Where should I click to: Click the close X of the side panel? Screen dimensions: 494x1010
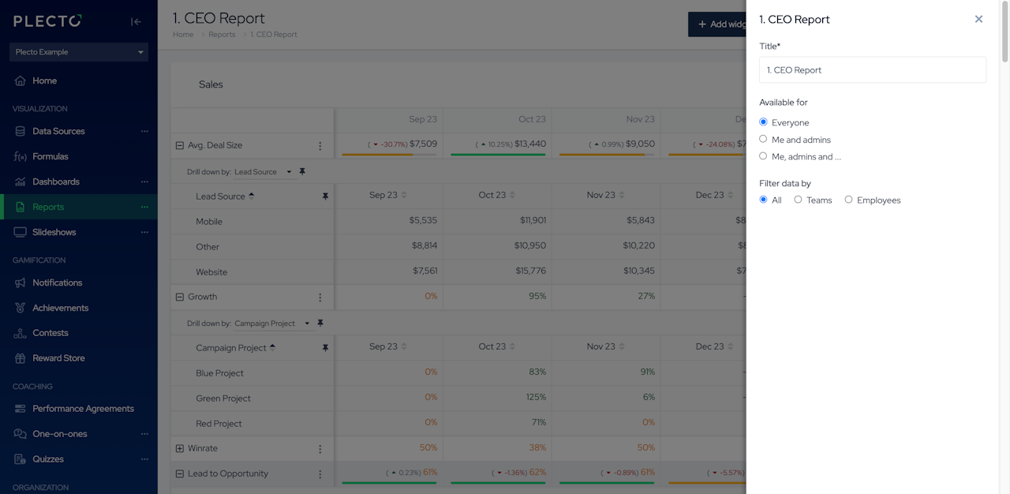[978, 19]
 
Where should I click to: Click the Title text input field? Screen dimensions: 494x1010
[872, 69]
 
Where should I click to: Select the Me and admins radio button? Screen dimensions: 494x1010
[763, 139]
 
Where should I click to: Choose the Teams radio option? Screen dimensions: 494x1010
[798, 200]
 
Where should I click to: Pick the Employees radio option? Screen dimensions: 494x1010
[848, 200]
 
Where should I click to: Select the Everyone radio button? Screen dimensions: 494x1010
[763, 122]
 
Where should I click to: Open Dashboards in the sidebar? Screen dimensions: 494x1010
[56, 182]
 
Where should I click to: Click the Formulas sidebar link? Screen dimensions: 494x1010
[50, 156]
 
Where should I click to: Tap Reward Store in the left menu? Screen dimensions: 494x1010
[58, 358]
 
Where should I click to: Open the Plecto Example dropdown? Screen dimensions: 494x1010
[79, 52]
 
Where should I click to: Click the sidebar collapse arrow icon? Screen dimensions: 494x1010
[136, 21]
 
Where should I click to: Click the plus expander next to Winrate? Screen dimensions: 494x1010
[179, 448]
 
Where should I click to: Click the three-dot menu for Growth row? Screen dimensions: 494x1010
[320, 298]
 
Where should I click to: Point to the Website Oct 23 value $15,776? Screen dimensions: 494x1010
[529, 271]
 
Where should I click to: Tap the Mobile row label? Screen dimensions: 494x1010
[209, 222]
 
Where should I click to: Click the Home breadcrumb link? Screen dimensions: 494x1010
[183, 35]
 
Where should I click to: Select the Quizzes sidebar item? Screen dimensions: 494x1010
[48, 459]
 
